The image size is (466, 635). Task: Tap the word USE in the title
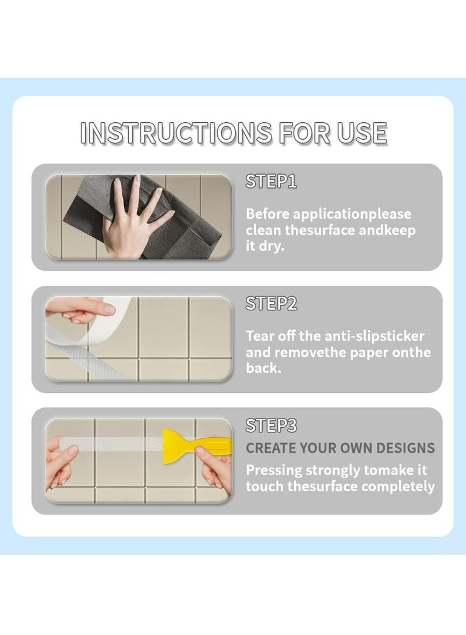coord(362,133)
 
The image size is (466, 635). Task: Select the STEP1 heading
coord(271,182)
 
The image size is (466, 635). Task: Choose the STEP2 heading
coord(271,303)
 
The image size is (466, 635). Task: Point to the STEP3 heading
coord(271,425)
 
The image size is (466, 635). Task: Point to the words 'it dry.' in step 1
coord(265,246)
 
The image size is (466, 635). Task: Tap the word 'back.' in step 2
coord(263,368)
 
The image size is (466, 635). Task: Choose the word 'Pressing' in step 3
coord(274,471)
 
